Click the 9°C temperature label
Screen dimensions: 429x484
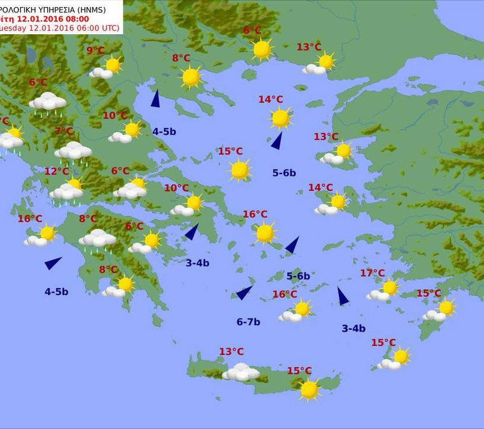click(x=96, y=51)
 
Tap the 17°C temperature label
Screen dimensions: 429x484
click(x=372, y=273)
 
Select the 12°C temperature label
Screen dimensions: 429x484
click(x=57, y=172)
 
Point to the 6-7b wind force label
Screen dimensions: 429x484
click(x=248, y=322)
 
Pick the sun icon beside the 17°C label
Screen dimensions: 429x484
click(x=389, y=288)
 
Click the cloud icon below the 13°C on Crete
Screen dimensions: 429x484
click(x=241, y=372)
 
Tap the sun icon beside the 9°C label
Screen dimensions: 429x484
click(x=113, y=64)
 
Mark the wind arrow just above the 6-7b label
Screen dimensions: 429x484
click(x=244, y=293)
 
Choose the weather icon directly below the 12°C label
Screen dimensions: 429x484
click(x=67, y=190)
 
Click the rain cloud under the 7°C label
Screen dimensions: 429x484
click(x=73, y=152)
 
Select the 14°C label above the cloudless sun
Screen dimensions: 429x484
click(x=270, y=100)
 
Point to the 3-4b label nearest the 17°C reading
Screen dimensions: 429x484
click(x=354, y=329)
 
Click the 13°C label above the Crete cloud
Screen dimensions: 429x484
click(x=231, y=352)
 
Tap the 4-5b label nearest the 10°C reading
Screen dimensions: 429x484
click(x=164, y=132)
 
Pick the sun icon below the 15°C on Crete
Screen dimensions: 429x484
click(x=309, y=389)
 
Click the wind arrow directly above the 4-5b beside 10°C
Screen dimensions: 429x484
click(x=155, y=99)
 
